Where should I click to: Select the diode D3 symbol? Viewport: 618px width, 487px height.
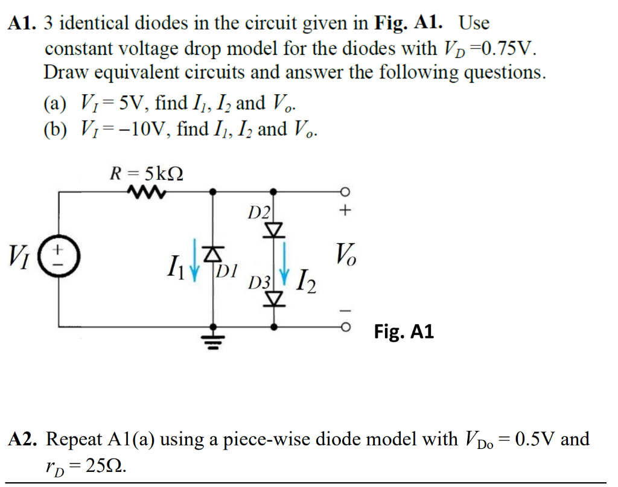[274, 298]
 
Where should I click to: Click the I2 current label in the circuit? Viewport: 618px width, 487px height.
[305, 281]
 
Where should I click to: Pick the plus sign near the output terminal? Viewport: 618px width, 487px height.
[345, 211]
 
